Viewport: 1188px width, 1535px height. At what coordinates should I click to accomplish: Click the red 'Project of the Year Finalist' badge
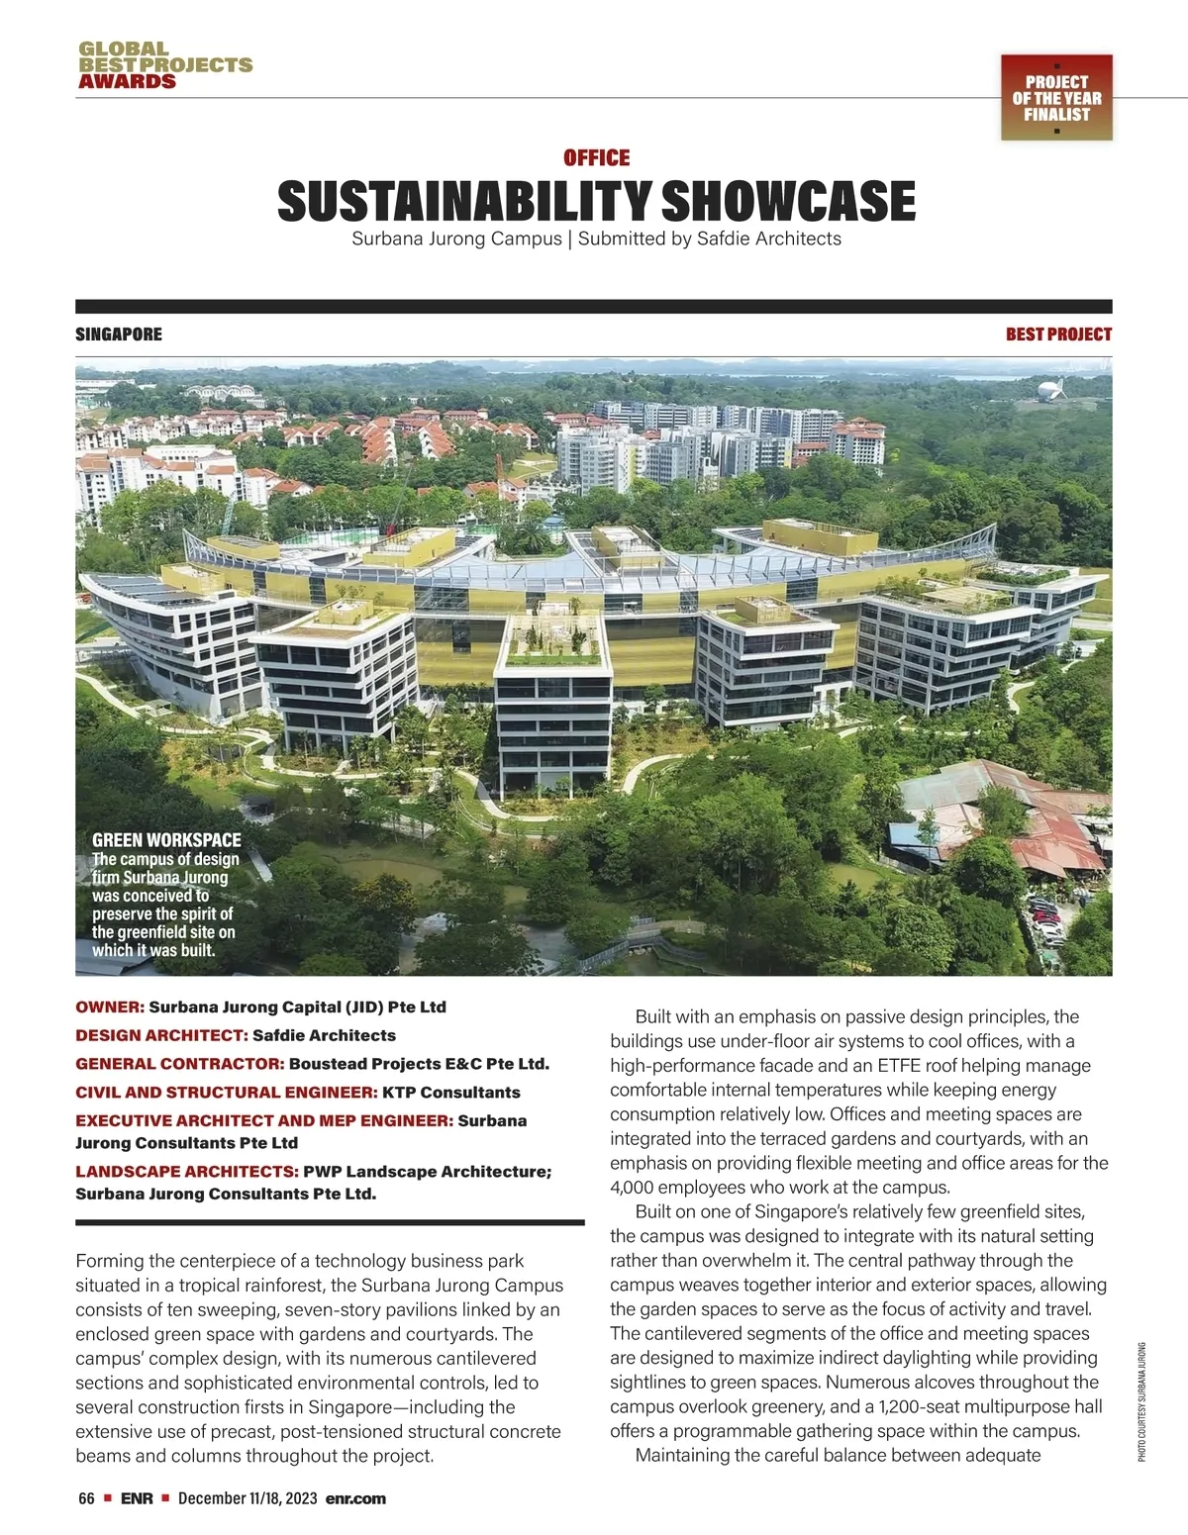point(1056,98)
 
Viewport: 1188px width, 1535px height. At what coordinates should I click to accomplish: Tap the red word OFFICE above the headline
point(596,158)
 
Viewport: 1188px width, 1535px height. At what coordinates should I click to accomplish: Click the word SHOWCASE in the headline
point(787,202)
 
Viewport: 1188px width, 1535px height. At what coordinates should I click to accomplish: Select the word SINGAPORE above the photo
point(119,335)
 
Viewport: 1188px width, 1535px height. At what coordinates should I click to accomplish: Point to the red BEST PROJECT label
point(1058,335)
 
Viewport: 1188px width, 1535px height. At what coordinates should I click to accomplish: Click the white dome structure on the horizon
point(1052,390)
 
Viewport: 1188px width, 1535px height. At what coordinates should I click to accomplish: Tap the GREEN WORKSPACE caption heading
point(166,840)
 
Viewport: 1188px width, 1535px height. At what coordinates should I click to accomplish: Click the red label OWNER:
point(110,1007)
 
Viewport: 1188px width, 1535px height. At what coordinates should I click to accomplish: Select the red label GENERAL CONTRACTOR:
point(180,1064)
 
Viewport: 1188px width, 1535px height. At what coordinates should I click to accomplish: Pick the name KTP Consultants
point(451,1093)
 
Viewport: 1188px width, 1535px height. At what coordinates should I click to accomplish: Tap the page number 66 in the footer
point(86,1498)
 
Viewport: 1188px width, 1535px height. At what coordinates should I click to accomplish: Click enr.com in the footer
point(355,1498)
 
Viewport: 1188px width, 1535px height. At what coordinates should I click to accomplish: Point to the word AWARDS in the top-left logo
point(127,81)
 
